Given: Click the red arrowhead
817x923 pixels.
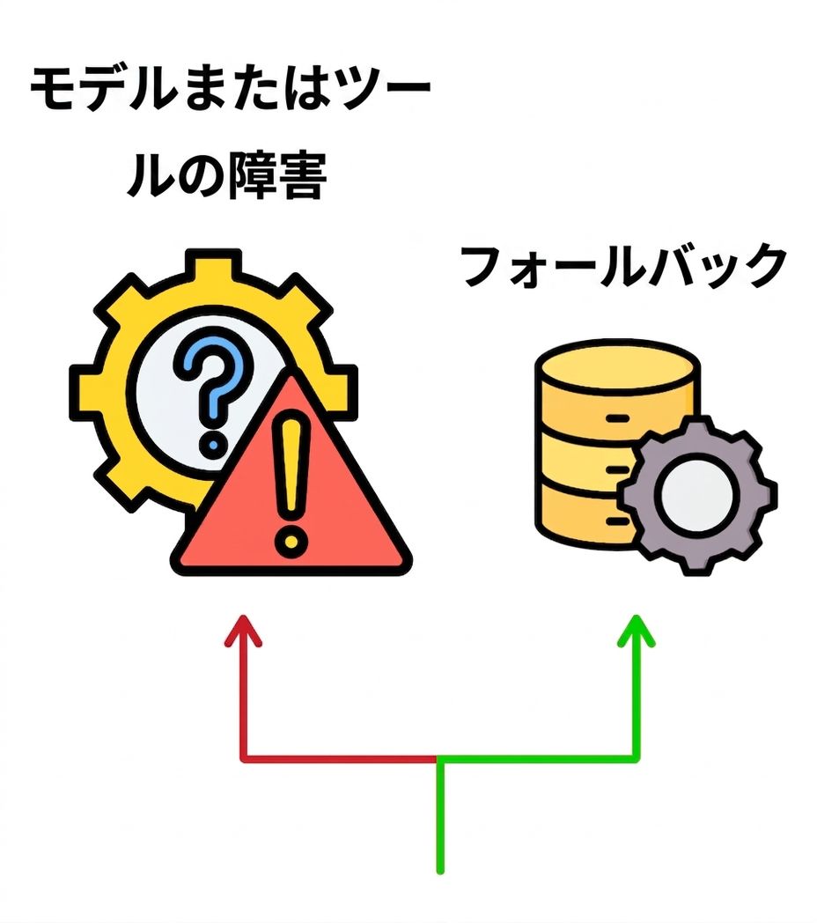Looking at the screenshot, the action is coord(243,631).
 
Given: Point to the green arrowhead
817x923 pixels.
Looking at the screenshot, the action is coord(637,631).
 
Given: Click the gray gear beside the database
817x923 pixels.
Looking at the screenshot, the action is coord(697,494).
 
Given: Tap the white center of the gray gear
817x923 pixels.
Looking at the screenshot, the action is coord(697,495).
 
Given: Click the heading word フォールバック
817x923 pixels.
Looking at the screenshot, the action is coord(624,267).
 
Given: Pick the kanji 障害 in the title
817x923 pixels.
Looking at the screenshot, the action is coord(276,176).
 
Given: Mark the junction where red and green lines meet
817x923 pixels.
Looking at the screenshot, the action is coord(439,759).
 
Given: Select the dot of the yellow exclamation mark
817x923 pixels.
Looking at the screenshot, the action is coord(290,539).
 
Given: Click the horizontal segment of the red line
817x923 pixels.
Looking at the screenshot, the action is coord(340,759).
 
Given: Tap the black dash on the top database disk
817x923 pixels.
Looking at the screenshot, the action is coord(617,418).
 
